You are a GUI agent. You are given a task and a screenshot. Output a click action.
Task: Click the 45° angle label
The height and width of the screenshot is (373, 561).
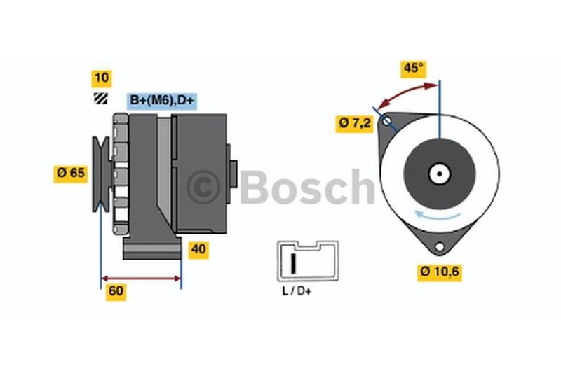click(x=413, y=69)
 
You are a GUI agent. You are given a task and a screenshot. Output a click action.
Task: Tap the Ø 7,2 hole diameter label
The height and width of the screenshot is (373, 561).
click(x=355, y=124)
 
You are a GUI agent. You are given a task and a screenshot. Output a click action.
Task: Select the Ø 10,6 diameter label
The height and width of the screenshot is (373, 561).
click(x=440, y=272)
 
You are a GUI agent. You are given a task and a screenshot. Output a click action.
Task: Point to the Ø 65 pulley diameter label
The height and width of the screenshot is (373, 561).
click(x=71, y=174)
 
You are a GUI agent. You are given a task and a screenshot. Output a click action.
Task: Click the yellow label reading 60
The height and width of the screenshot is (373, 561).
click(x=116, y=292)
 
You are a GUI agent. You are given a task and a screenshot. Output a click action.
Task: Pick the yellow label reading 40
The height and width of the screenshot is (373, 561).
click(x=198, y=250)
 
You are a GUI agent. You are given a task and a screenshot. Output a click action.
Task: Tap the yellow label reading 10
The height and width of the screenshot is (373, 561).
click(x=102, y=78)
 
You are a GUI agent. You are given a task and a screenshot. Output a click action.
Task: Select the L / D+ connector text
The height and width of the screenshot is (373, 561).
click(x=297, y=291)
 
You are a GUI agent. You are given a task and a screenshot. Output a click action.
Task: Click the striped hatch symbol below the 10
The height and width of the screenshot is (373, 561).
click(x=100, y=99)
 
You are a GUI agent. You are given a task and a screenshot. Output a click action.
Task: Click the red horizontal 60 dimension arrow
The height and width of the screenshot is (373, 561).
click(x=142, y=279)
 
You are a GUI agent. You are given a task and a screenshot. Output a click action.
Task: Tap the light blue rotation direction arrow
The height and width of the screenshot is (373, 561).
click(x=437, y=215)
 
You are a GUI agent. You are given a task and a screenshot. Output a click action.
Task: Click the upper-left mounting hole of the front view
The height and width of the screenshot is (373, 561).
click(x=386, y=121)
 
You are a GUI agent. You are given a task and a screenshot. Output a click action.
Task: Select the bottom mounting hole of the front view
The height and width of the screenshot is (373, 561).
click(x=440, y=246)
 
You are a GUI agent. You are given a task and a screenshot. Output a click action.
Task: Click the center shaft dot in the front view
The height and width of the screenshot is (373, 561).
click(x=440, y=174)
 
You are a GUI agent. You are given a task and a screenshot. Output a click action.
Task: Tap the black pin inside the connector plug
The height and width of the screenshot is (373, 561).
click(x=293, y=263)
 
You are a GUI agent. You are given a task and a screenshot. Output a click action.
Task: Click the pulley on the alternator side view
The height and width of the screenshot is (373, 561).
click(x=101, y=174)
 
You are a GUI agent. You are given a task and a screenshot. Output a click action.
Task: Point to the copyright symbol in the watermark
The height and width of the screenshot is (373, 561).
click(x=203, y=188)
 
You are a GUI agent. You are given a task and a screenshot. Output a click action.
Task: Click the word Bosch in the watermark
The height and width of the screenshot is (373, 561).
click(x=307, y=186)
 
